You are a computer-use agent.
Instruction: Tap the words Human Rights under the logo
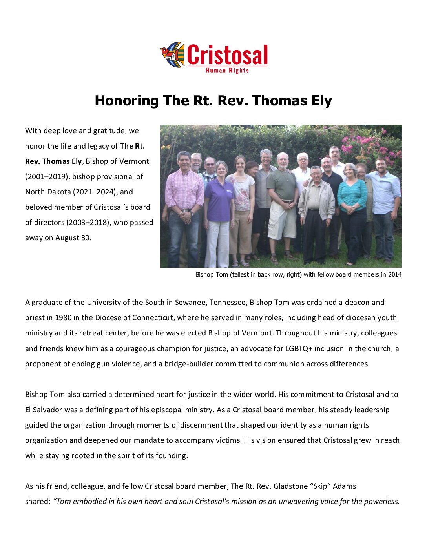point(227,71)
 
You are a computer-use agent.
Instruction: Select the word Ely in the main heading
point(319,101)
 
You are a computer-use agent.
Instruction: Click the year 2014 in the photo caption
point(395,275)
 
